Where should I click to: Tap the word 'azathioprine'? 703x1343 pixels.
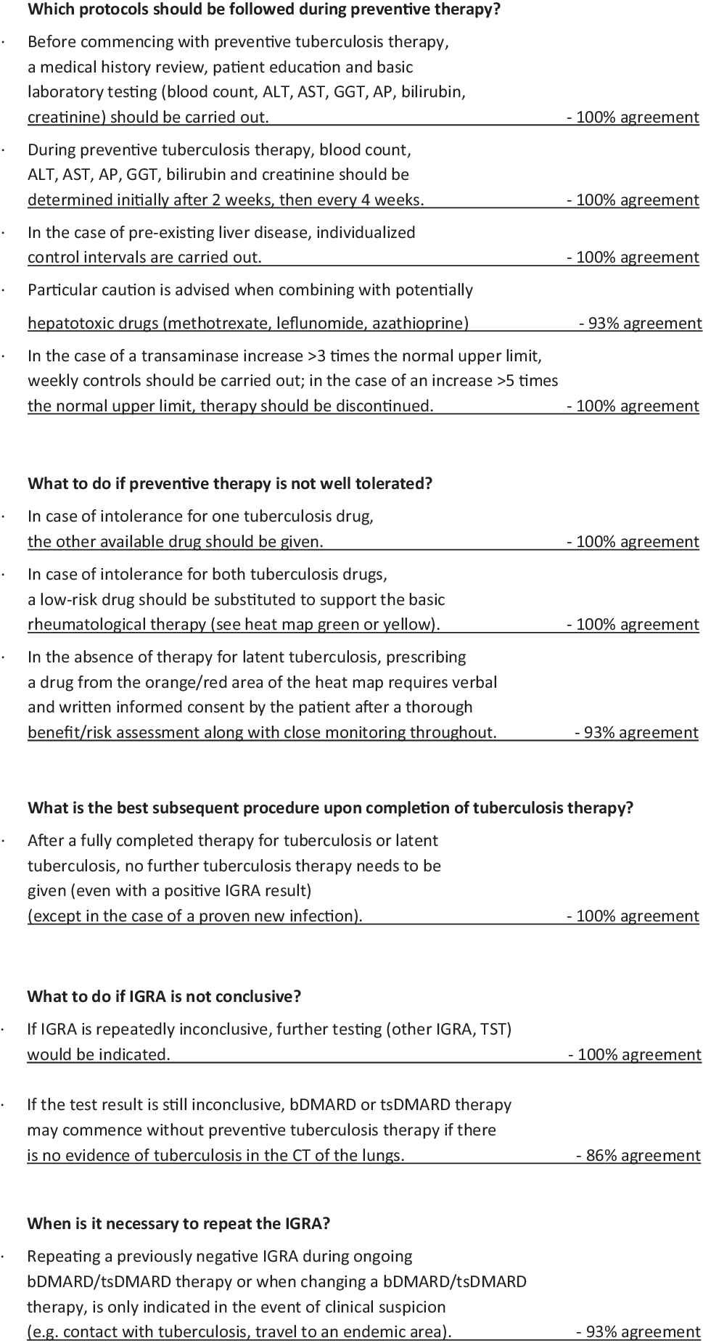tap(420, 323)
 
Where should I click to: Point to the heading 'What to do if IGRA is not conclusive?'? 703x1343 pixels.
tap(164, 996)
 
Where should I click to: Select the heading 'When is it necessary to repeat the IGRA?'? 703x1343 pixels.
tap(178, 1223)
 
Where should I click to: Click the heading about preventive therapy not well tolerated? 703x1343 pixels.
tap(230, 483)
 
